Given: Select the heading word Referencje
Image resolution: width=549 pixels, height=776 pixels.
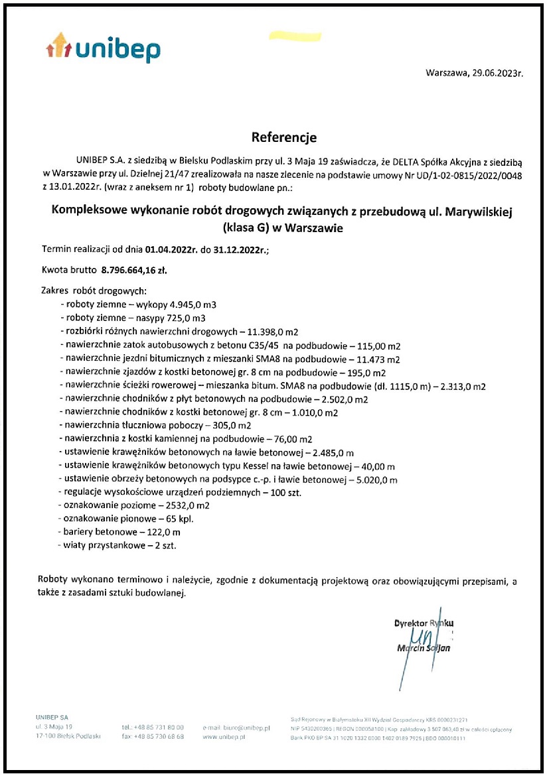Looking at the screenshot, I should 284,138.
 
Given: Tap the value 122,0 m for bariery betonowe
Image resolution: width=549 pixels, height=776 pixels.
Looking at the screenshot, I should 160,533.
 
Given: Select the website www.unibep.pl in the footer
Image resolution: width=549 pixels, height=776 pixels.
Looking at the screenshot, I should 224,737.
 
